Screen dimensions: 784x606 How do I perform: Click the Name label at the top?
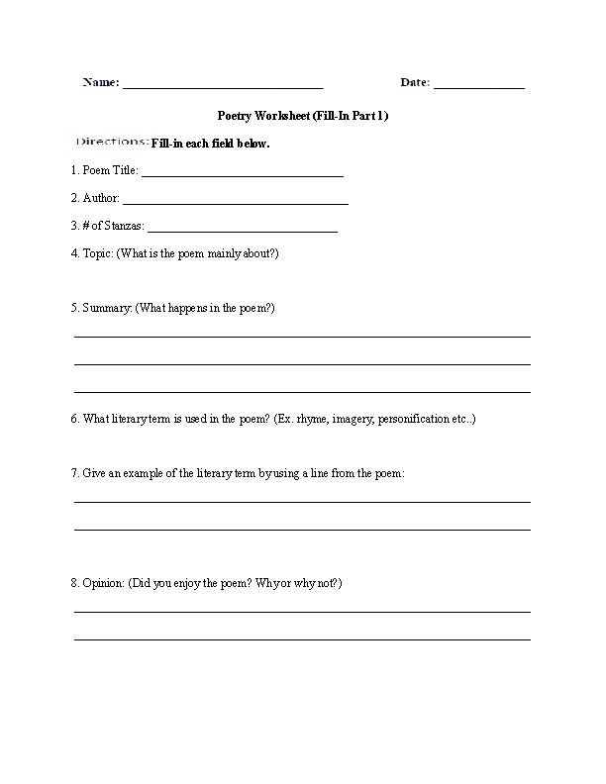[100, 83]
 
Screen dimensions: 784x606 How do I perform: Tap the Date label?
[415, 83]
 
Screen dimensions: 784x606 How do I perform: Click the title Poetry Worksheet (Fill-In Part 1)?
[302, 116]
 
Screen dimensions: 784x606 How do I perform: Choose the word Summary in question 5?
[106, 308]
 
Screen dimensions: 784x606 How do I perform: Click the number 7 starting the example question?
[74, 473]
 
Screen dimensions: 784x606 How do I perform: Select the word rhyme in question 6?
[302, 419]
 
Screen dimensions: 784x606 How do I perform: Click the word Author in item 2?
[101, 198]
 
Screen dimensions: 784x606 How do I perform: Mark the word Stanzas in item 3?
[121, 226]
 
